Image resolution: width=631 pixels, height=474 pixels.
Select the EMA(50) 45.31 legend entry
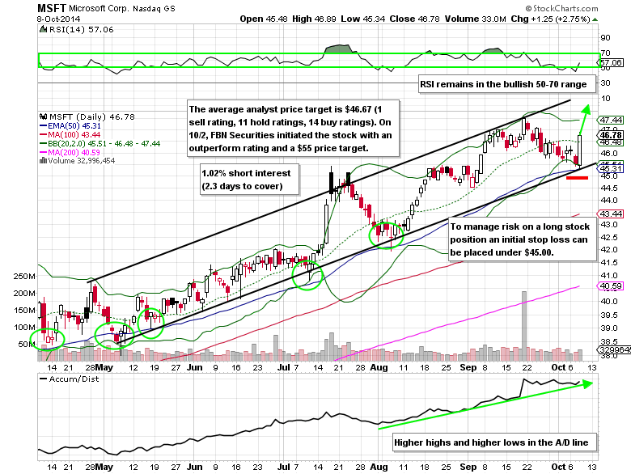pyautogui.click(x=74, y=125)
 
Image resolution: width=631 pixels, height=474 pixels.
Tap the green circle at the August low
pyautogui.click(x=386, y=234)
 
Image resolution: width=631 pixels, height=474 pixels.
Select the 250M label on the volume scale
pyautogui.click(x=25, y=276)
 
